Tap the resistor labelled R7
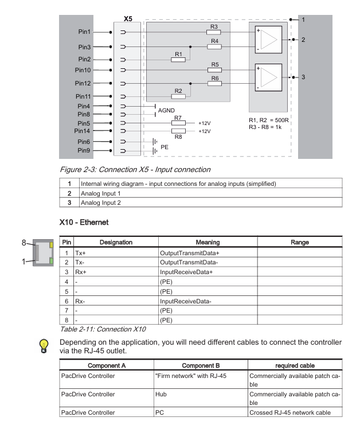click(x=178, y=123)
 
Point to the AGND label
click(x=167, y=110)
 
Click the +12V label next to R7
click(x=204, y=123)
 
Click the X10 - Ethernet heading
click(x=87, y=220)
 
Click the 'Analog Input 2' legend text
click(x=104, y=202)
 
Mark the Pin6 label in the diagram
click(x=84, y=141)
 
